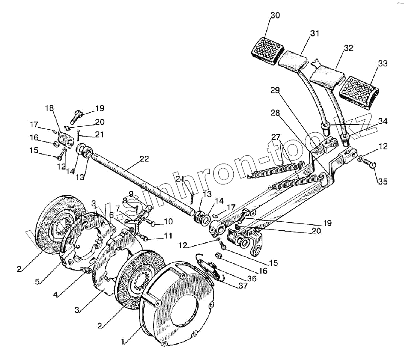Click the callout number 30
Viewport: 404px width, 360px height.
275,15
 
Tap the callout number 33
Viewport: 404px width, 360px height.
383,64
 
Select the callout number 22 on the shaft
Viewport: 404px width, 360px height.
144,159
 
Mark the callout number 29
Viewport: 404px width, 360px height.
275,90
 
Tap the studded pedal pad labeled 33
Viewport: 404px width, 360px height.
359,88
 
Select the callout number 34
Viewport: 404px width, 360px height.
382,122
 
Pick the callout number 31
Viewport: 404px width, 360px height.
315,34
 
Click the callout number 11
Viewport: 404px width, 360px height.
168,236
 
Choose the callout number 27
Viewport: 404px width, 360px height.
276,137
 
